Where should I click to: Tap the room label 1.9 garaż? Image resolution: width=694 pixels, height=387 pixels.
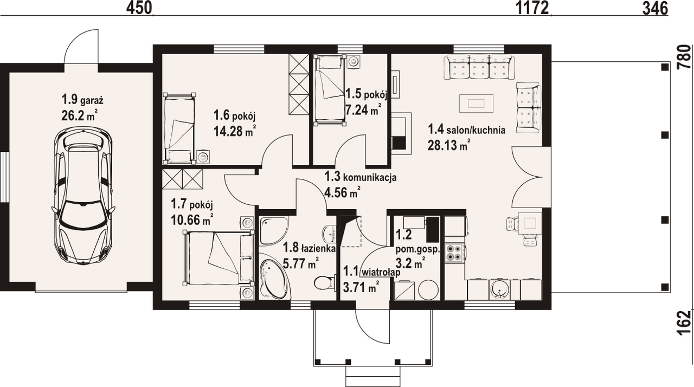click(x=82, y=100)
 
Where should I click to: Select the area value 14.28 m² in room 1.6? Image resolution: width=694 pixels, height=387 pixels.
click(x=235, y=131)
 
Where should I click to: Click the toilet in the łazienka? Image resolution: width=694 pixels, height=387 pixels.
click(x=325, y=282)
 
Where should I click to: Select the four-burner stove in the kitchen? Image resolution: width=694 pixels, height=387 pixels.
click(x=454, y=253)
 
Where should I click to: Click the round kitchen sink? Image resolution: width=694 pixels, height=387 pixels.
click(x=499, y=289)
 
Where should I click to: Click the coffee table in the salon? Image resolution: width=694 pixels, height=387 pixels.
click(x=476, y=103)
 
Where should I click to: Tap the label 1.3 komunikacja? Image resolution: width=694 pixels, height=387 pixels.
click(x=361, y=177)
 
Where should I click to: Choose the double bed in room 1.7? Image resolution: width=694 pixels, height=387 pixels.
click(x=218, y=258)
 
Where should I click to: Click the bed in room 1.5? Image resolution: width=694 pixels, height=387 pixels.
click(x=330, y=90)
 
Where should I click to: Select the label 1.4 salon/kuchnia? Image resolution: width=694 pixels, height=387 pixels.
click(x=466, y=130)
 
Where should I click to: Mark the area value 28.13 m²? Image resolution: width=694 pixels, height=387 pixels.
click(x=449, y=145)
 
